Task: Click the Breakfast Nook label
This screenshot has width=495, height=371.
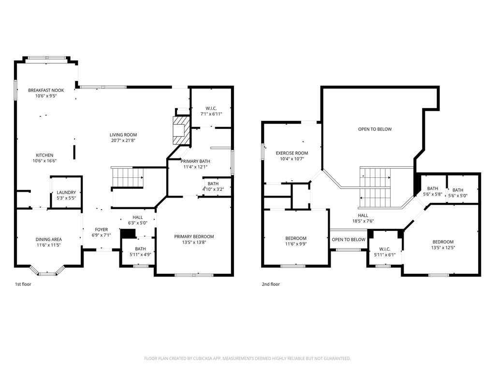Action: pyautogui.click(x=46, y=90)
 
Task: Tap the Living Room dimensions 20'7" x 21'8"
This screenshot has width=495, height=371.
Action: pyautogui.click(x=123, y=141)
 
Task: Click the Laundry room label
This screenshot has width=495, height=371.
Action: pyautogui.click(x=66, y=192)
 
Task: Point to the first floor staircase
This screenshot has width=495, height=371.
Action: pyautogui.click(x=127, y=177)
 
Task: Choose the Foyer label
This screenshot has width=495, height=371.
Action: pyautogui.click(x=102, y=229)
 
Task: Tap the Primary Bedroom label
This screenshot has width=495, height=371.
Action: pyautogui.click(x=194, y=237)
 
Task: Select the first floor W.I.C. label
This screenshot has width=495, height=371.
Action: pyautogui.click(x=211, y=109)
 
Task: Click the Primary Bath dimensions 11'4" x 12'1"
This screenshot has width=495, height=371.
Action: pyautogui.click(x=195, y=167)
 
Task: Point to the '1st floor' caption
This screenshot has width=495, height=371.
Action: pyautogui.click(x=23, y=284)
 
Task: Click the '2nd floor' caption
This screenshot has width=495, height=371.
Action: pyautogui.click(x=271, y=284)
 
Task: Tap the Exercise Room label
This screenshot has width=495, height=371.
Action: pyautogui.click(x=292, y=153)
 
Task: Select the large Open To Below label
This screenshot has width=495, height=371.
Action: pyautogui.click(x=375, y=129)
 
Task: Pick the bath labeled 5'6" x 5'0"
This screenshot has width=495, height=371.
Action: pyautogui.click(x=458, y=193)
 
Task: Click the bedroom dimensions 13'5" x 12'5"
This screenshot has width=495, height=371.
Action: pyautogui.click(x=443, y=248)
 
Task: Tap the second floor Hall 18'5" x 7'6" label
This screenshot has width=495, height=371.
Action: pyautogui.click(x=363, y=218)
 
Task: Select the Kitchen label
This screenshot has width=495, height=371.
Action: pyautogui.click(x=44, y=155)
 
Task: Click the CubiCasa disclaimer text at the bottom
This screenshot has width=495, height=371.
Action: pyautogui.click(x=247, y=358)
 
